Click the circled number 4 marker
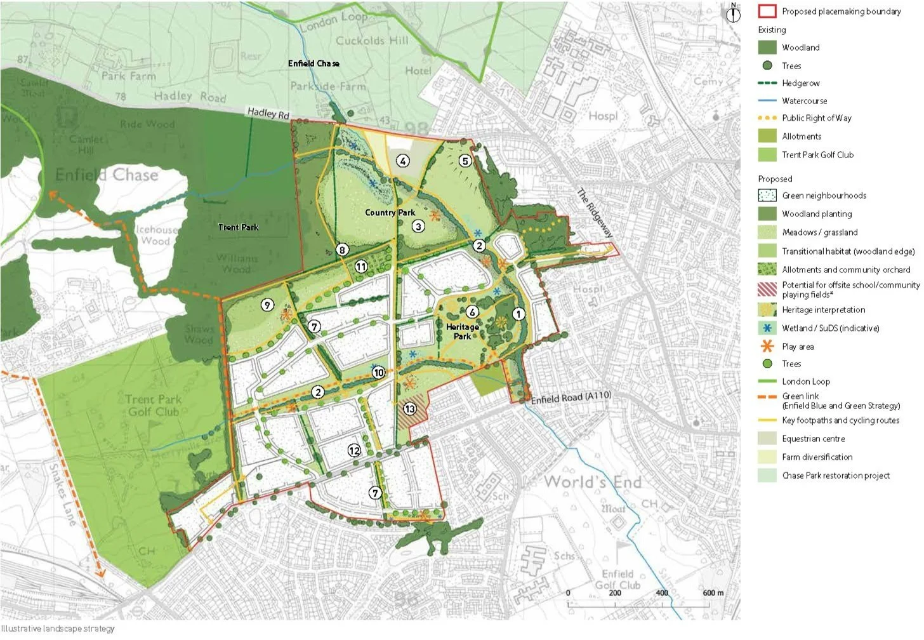point(403,161)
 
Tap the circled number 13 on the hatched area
point(410,409)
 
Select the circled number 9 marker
point(267,305)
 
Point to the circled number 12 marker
point(354,450)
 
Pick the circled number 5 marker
point(465,161)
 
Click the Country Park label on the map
point(390,213)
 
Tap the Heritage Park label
point(462,331)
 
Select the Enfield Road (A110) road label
point(571,397)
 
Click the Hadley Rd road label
point(268,113)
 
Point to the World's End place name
point(592,482)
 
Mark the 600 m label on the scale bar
point(713,592)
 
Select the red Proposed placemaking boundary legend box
point(767,11)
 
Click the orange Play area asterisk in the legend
point(767,347)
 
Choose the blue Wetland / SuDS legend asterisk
point(767,328)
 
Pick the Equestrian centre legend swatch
point(767,439)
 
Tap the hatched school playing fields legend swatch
point(767,290)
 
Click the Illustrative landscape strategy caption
point(58,629)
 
